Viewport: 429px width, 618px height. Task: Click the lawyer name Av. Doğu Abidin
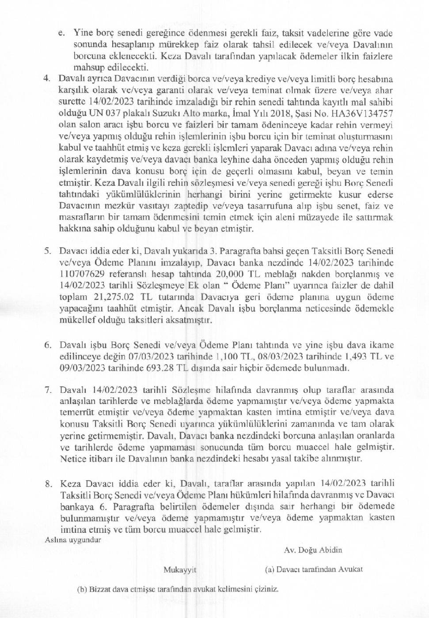pos(313,550)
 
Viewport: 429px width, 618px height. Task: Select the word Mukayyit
pos(180,570)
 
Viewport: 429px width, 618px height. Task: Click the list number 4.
pos(46,79)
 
